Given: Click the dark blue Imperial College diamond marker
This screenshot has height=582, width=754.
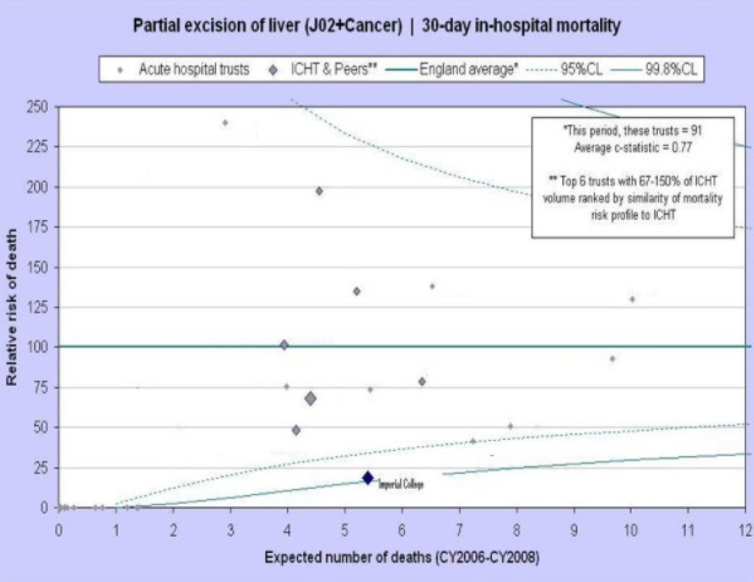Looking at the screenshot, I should click(368, 478).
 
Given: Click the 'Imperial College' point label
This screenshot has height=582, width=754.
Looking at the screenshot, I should click(401, 484).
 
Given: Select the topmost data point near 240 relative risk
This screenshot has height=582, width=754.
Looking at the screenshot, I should click(226, 123).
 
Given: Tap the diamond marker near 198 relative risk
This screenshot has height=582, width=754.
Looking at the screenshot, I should click(319, 191).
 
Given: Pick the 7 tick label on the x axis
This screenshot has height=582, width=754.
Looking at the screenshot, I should click(459, 530).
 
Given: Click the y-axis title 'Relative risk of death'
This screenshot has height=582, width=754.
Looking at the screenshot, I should click(11, 307).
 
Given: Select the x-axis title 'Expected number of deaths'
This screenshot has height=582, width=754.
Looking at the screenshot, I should click(401, 558).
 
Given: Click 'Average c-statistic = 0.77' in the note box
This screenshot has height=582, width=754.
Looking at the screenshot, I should click(633, 147).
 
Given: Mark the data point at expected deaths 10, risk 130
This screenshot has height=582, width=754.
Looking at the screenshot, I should click(632, 299).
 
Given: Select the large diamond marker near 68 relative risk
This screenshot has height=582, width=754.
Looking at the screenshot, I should click(311, 399).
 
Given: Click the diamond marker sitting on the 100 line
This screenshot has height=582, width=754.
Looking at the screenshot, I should click(284, 345).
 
